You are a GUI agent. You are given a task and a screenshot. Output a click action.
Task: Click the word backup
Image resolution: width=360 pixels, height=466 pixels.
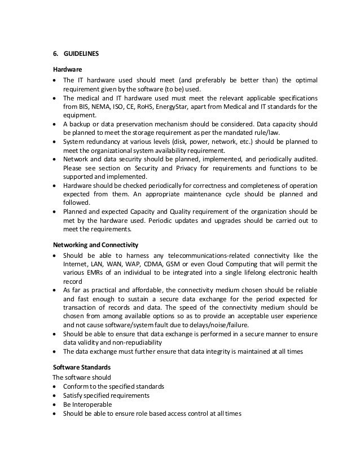tap(80, 123)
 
